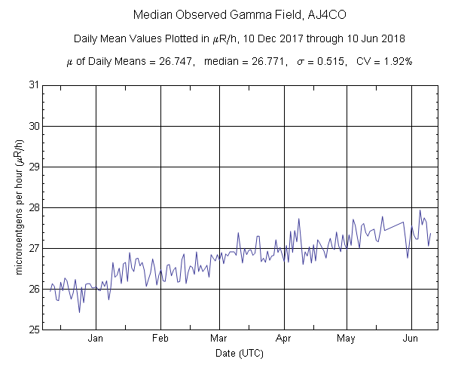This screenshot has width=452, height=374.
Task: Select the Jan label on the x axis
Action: [x=96, y=339]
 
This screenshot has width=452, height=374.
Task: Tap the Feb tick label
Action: [x=160, y=339]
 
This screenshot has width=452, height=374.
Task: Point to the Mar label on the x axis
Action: [x=219, y=339]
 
